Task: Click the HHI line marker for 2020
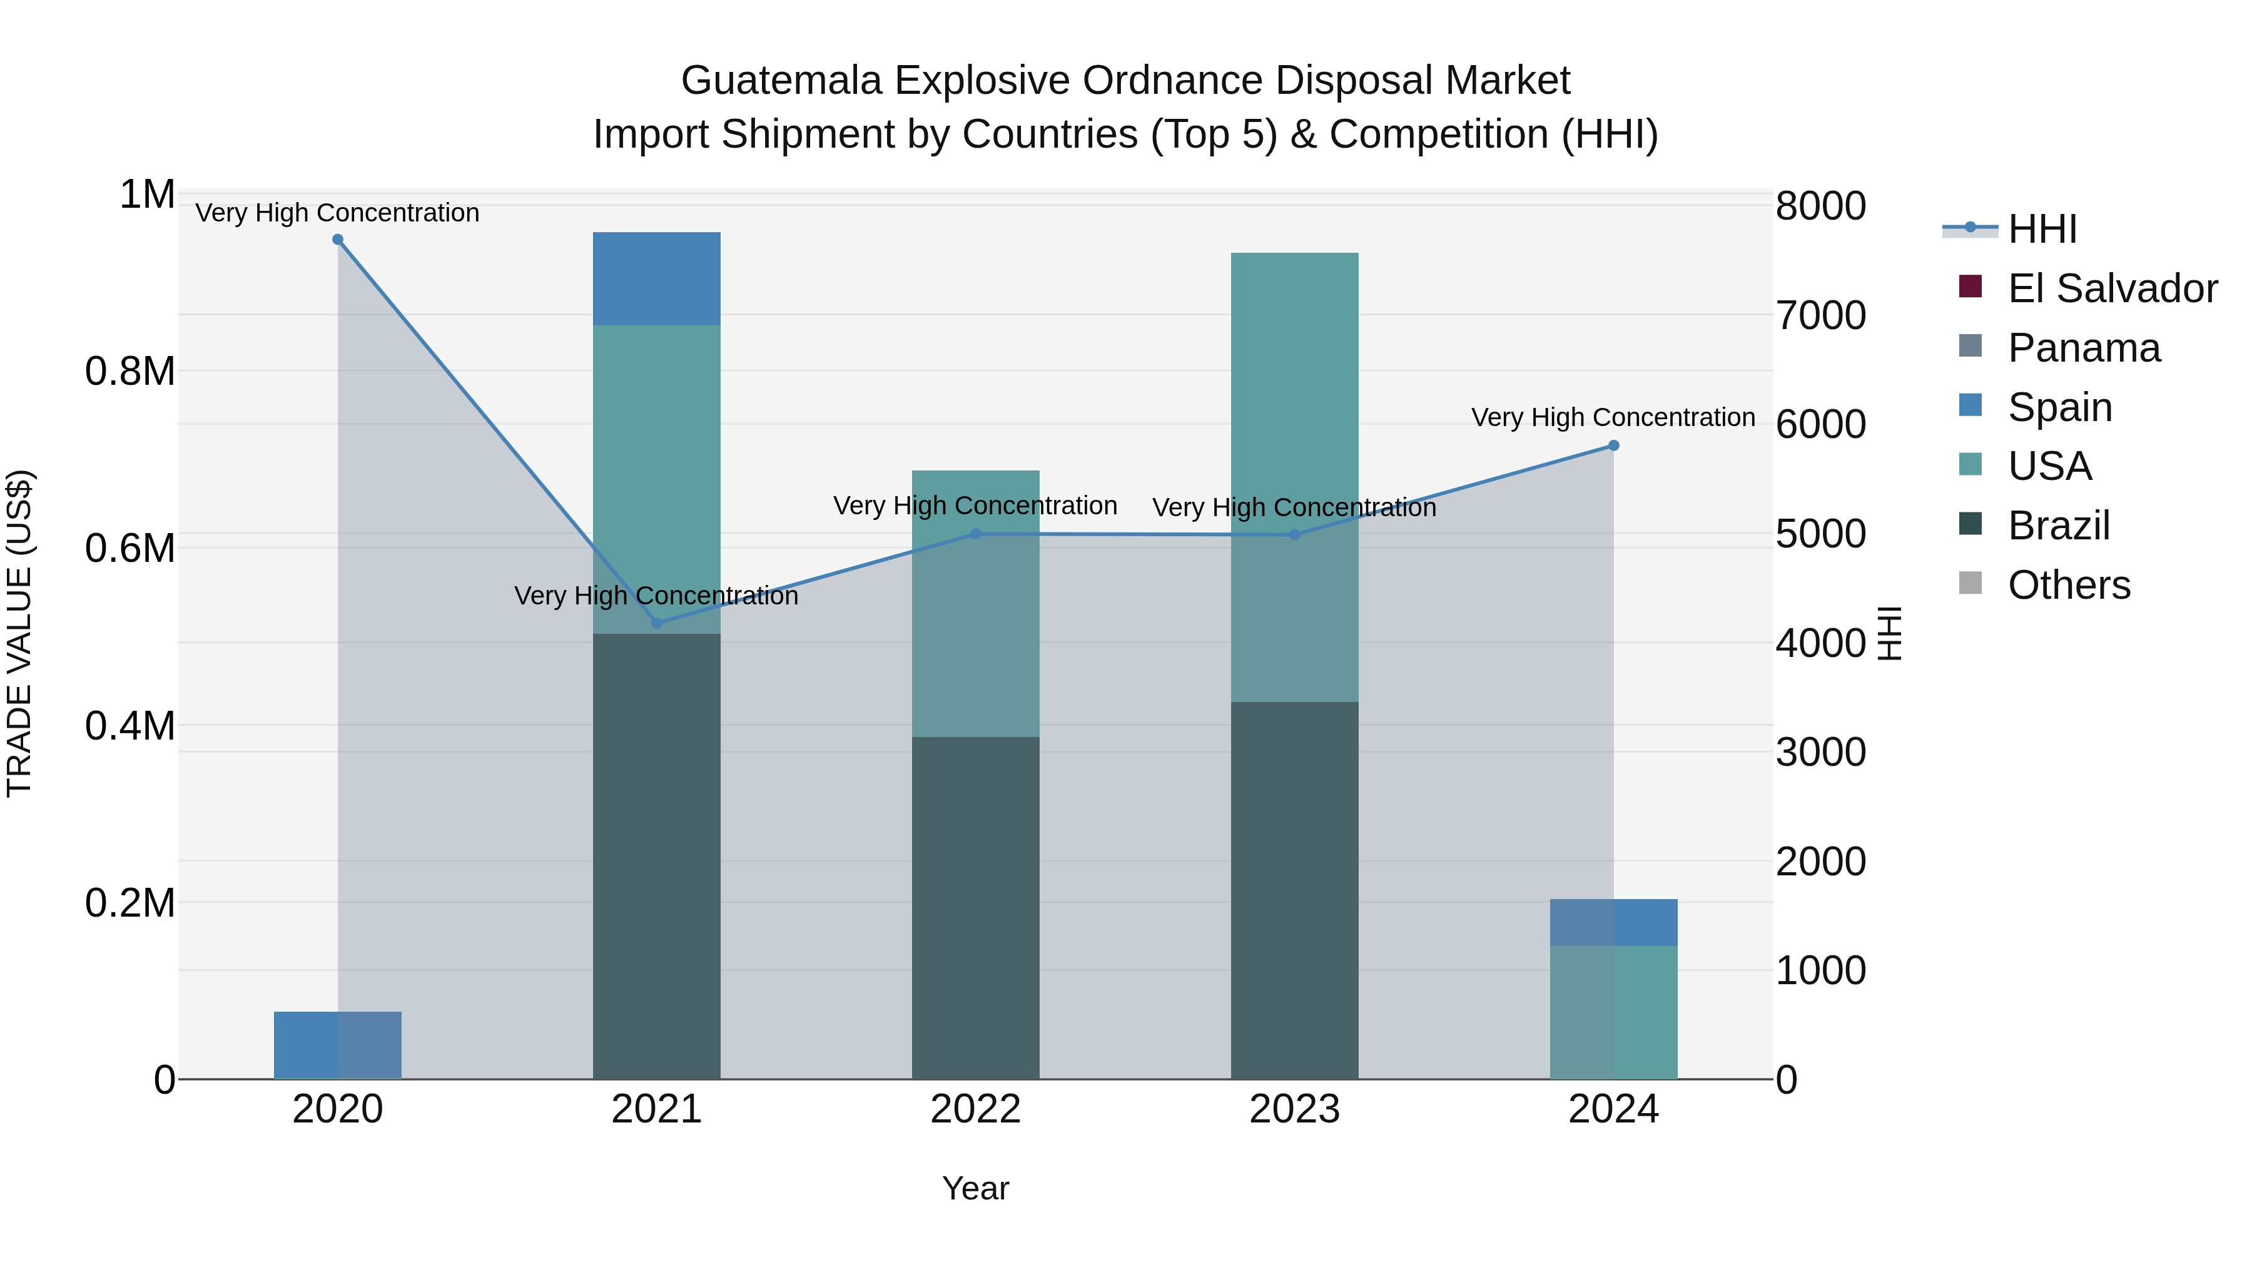pyautogui.click(x=337, y=240)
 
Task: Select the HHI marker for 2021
pyautogui.click(x=657, y=623)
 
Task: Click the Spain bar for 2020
pyautogui.click(x=337, y=1045)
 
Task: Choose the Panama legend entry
pyautogui.click(x=2083, y=348)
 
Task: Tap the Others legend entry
pyautogui.click(x=2069, y=585)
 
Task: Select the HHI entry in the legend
pyautogui.click(x=2041, y=229)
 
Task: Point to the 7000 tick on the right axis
pyautogui.click(x=1820, y=316)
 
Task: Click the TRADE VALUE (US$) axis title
pyautogui.click(x=19, y=633)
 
